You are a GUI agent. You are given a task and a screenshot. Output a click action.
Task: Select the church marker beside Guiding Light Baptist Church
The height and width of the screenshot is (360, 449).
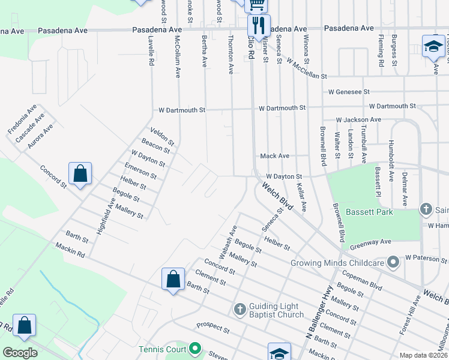click(240, 310)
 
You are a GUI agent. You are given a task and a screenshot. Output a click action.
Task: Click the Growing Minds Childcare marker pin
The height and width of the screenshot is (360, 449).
click(393, 262)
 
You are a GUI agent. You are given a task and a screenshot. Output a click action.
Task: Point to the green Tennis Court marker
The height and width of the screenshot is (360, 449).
click(195, 348)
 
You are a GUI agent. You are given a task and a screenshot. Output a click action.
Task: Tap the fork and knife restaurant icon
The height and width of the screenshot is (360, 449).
click(259, 25)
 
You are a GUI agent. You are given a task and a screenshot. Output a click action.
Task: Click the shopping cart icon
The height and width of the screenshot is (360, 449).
click(257, 5)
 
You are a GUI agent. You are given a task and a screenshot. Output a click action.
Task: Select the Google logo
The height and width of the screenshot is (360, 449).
click(20, 353)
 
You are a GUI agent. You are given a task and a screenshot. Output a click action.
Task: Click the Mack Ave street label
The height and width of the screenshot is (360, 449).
click(274, 156)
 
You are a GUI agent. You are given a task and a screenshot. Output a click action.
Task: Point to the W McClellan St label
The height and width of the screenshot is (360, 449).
click(306, 69)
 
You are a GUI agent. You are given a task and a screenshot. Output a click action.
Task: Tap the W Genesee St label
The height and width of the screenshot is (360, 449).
click(349, 92)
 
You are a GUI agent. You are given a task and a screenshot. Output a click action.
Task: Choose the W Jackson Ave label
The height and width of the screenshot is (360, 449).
click(358, 120)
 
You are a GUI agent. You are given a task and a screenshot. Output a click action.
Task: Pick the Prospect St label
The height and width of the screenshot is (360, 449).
click(213, 329)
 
